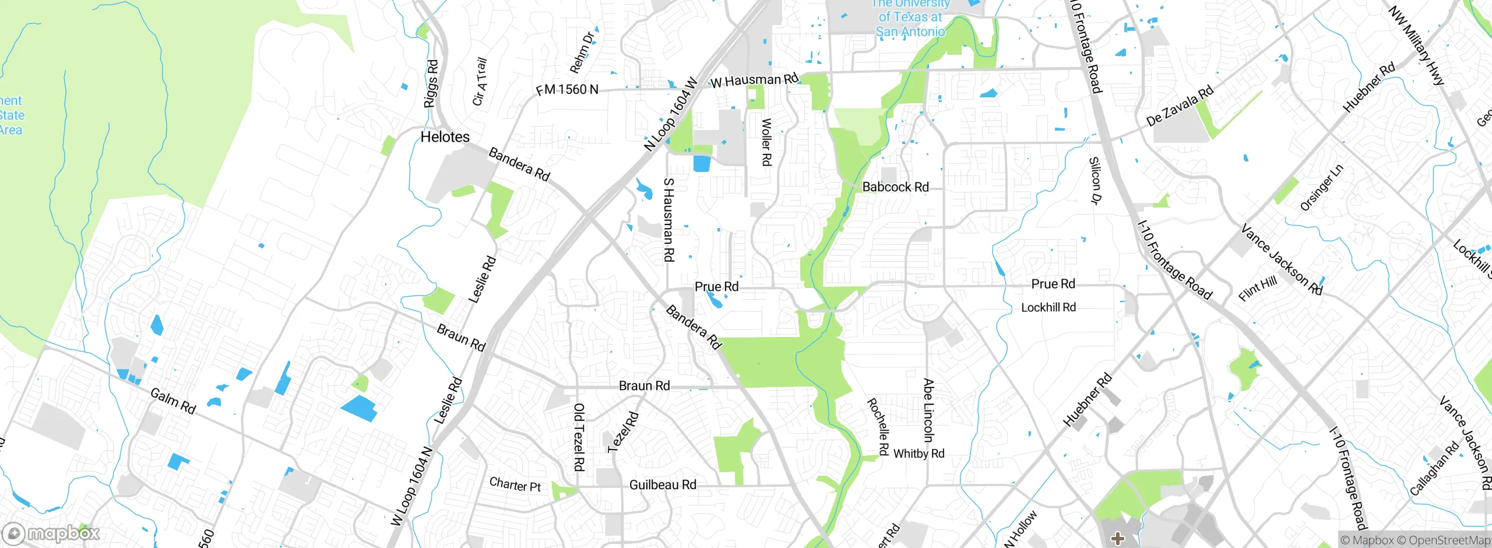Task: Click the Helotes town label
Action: tap(445, 137)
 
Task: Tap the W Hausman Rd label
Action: tap(754, 80)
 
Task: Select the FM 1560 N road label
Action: tap(566, 89)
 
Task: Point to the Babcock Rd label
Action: tap(895, 187)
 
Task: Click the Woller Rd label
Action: tap(767, 142)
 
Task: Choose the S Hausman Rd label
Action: tap(669, 220)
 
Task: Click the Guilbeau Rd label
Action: tap(663, 485)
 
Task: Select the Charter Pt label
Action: tap(515, 484)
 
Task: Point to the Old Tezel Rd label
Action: tap(579, 437)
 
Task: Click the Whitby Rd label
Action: tap(919, 454)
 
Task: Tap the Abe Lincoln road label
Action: tap(928, 410)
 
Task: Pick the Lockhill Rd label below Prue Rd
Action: tap(1048, 307)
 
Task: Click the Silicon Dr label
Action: tap(1095, 180)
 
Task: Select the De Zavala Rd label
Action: tap(1180, 106)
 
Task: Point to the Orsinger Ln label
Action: tap(1321, 188)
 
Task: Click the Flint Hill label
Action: tap(1258, 289)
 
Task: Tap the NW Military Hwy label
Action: tap(1416, 45)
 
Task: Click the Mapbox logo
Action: tap(51, 533)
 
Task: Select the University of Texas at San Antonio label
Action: tap(910, 19)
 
